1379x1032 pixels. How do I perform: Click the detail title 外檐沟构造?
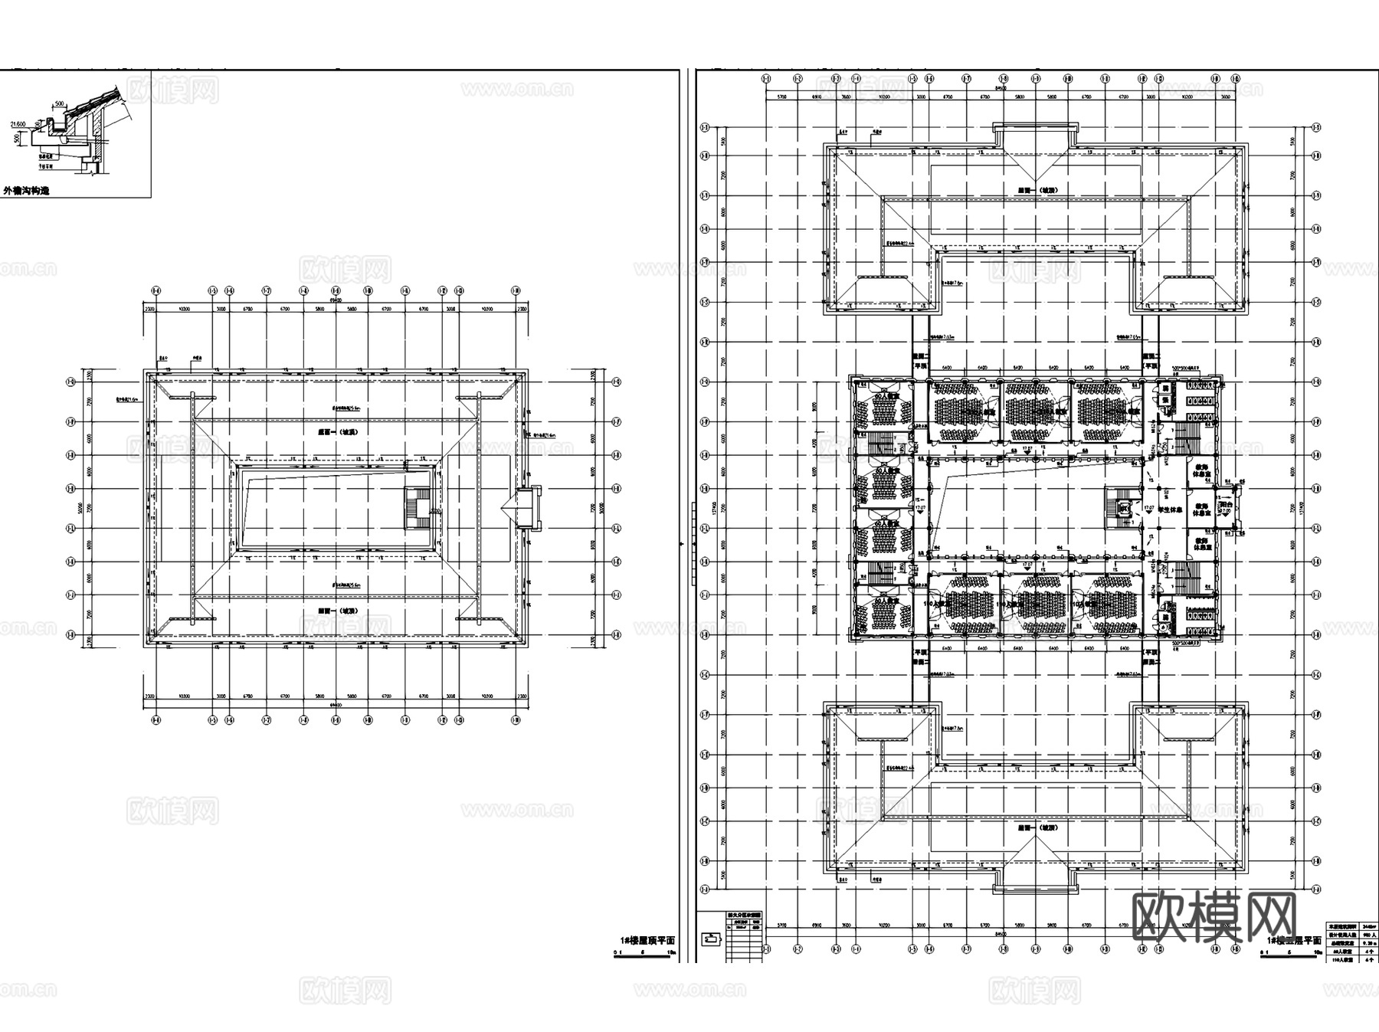coord(27,191)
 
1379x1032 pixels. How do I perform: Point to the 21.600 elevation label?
coord(16,123)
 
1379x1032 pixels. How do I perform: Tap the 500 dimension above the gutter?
coord(60,102)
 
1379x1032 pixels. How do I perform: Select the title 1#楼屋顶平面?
coord(647,940)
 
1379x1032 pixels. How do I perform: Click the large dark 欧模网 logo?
coord(1214,916)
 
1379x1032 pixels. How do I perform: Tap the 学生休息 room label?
coord(1168,509)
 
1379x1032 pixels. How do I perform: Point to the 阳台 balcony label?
coord(1226,506)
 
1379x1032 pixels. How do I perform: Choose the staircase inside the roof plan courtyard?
coord(418,509)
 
